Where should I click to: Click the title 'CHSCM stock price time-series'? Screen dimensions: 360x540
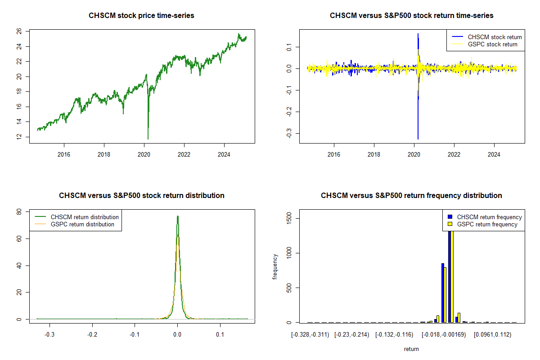[x=142, y=16]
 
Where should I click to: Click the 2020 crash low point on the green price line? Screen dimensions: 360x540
[x=148, y=139]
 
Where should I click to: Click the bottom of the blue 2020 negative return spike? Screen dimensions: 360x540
[x=418, y=139]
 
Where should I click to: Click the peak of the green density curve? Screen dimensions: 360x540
[x=178, y=216]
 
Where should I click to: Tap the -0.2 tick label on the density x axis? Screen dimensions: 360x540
[x=92, y=335]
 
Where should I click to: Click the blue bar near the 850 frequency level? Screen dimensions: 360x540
[x=443, y=292]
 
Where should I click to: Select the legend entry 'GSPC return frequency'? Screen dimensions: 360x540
[x=487, y=224]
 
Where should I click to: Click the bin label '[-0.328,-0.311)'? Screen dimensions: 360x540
[x=310, y=335]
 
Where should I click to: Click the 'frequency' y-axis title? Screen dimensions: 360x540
[x=275, y=267]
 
